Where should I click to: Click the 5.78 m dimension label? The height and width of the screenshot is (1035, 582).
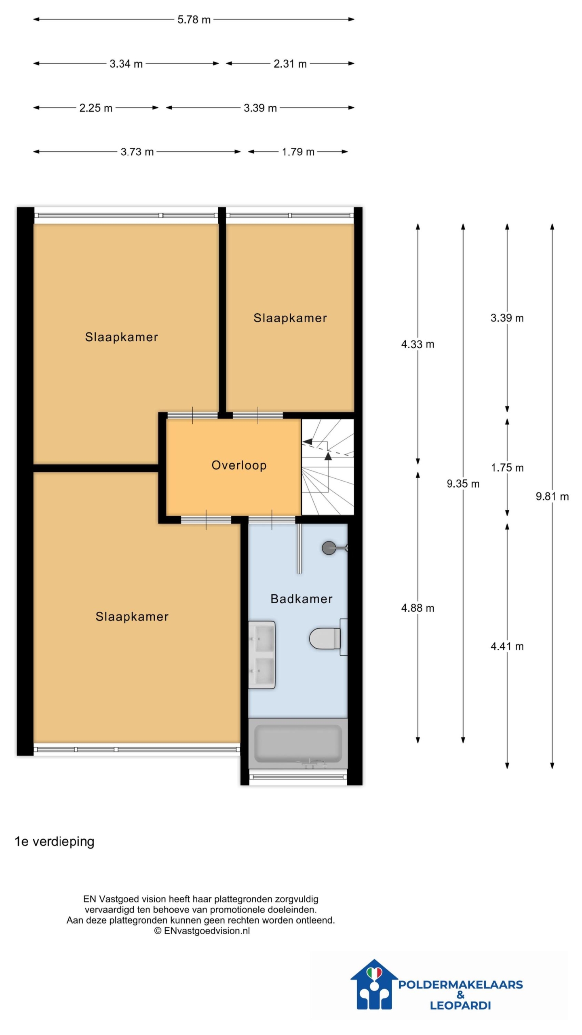(194, 19)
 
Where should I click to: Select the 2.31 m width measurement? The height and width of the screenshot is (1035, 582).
(290, 63)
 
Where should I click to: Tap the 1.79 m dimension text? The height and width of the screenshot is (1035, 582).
(298, 152)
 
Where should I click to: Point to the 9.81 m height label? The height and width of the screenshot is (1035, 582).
(552, 496)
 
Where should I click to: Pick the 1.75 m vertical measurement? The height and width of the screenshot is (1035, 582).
(507, 468)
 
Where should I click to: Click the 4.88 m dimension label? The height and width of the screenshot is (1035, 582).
(418, 608)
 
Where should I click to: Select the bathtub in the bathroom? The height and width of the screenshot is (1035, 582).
(298, 743)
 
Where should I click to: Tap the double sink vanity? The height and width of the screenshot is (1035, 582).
(262, 655)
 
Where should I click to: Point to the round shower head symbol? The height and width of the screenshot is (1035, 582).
(329, 548)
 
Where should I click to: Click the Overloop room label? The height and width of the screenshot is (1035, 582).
(239, 465)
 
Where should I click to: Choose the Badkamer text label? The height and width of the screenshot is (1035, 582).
(301, 599)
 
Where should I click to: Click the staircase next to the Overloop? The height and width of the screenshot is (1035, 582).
(328, 467)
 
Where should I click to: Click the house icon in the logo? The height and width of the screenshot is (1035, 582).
(374, 984)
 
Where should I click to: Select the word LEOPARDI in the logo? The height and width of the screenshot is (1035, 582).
(460, 1005)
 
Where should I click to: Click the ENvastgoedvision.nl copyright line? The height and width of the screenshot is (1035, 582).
(202, 931)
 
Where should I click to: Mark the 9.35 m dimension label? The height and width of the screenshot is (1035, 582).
(463, 484)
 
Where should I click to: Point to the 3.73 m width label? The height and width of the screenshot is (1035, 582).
(137, 152)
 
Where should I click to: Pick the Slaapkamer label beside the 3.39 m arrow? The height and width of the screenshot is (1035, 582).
(290, 318)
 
